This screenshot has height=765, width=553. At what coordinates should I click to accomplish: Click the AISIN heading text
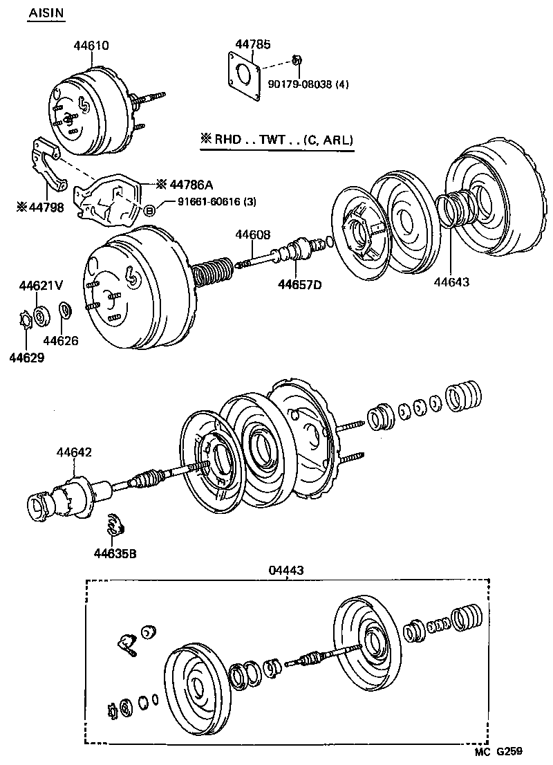click(x=46, y=14)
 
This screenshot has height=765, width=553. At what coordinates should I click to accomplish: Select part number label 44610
click(x=91, y=46)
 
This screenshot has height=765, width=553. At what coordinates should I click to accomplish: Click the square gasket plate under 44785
click(x=245, y=77)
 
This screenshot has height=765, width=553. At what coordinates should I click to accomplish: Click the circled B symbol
click(x=148, y=210)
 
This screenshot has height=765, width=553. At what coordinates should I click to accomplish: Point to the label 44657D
click(x=300, y=284)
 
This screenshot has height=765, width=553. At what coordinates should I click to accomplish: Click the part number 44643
click(x=452, y=282)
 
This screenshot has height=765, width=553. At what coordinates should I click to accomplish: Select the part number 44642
click(x=75, y=452)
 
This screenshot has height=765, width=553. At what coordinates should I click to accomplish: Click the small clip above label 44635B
click(x=115, y=526)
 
